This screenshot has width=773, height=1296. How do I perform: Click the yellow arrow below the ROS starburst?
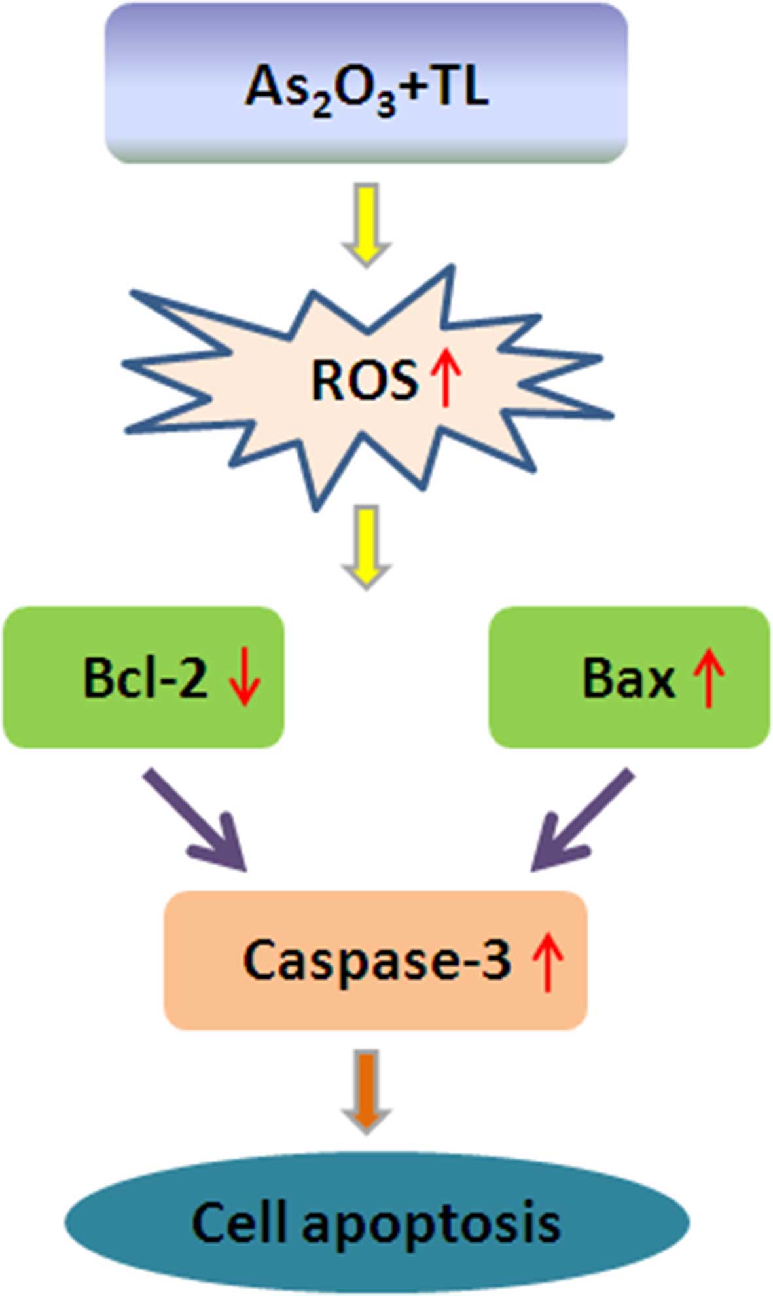pos(367,547)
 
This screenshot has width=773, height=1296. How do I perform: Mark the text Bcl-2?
pos(145,677)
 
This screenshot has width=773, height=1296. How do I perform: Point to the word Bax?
pos(628,679)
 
